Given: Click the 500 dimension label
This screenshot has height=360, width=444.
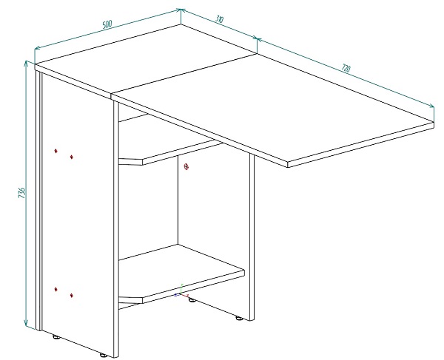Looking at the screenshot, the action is [107, 24].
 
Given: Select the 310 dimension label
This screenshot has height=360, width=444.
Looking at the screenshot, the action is [219, 19].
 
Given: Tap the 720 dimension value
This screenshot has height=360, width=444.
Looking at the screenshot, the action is [346, 69].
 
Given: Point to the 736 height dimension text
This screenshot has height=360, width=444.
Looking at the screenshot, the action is [22, 192].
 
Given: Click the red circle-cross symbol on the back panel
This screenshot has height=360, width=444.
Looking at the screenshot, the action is [186, 167].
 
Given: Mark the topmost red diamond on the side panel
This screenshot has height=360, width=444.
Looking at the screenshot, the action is [55, 151].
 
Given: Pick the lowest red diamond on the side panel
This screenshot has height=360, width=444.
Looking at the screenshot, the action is [72, 296].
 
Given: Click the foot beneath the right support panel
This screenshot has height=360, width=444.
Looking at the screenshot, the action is [239, 318].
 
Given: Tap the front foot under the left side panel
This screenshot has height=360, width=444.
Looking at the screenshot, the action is [104, 355].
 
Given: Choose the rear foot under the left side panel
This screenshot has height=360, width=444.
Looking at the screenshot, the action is [56, 337].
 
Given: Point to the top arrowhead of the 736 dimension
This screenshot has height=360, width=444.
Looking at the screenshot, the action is [27, 63].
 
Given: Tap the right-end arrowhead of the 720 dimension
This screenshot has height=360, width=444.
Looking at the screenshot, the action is [431, 106].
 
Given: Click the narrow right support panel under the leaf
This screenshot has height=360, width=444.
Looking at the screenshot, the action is [252, 237].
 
